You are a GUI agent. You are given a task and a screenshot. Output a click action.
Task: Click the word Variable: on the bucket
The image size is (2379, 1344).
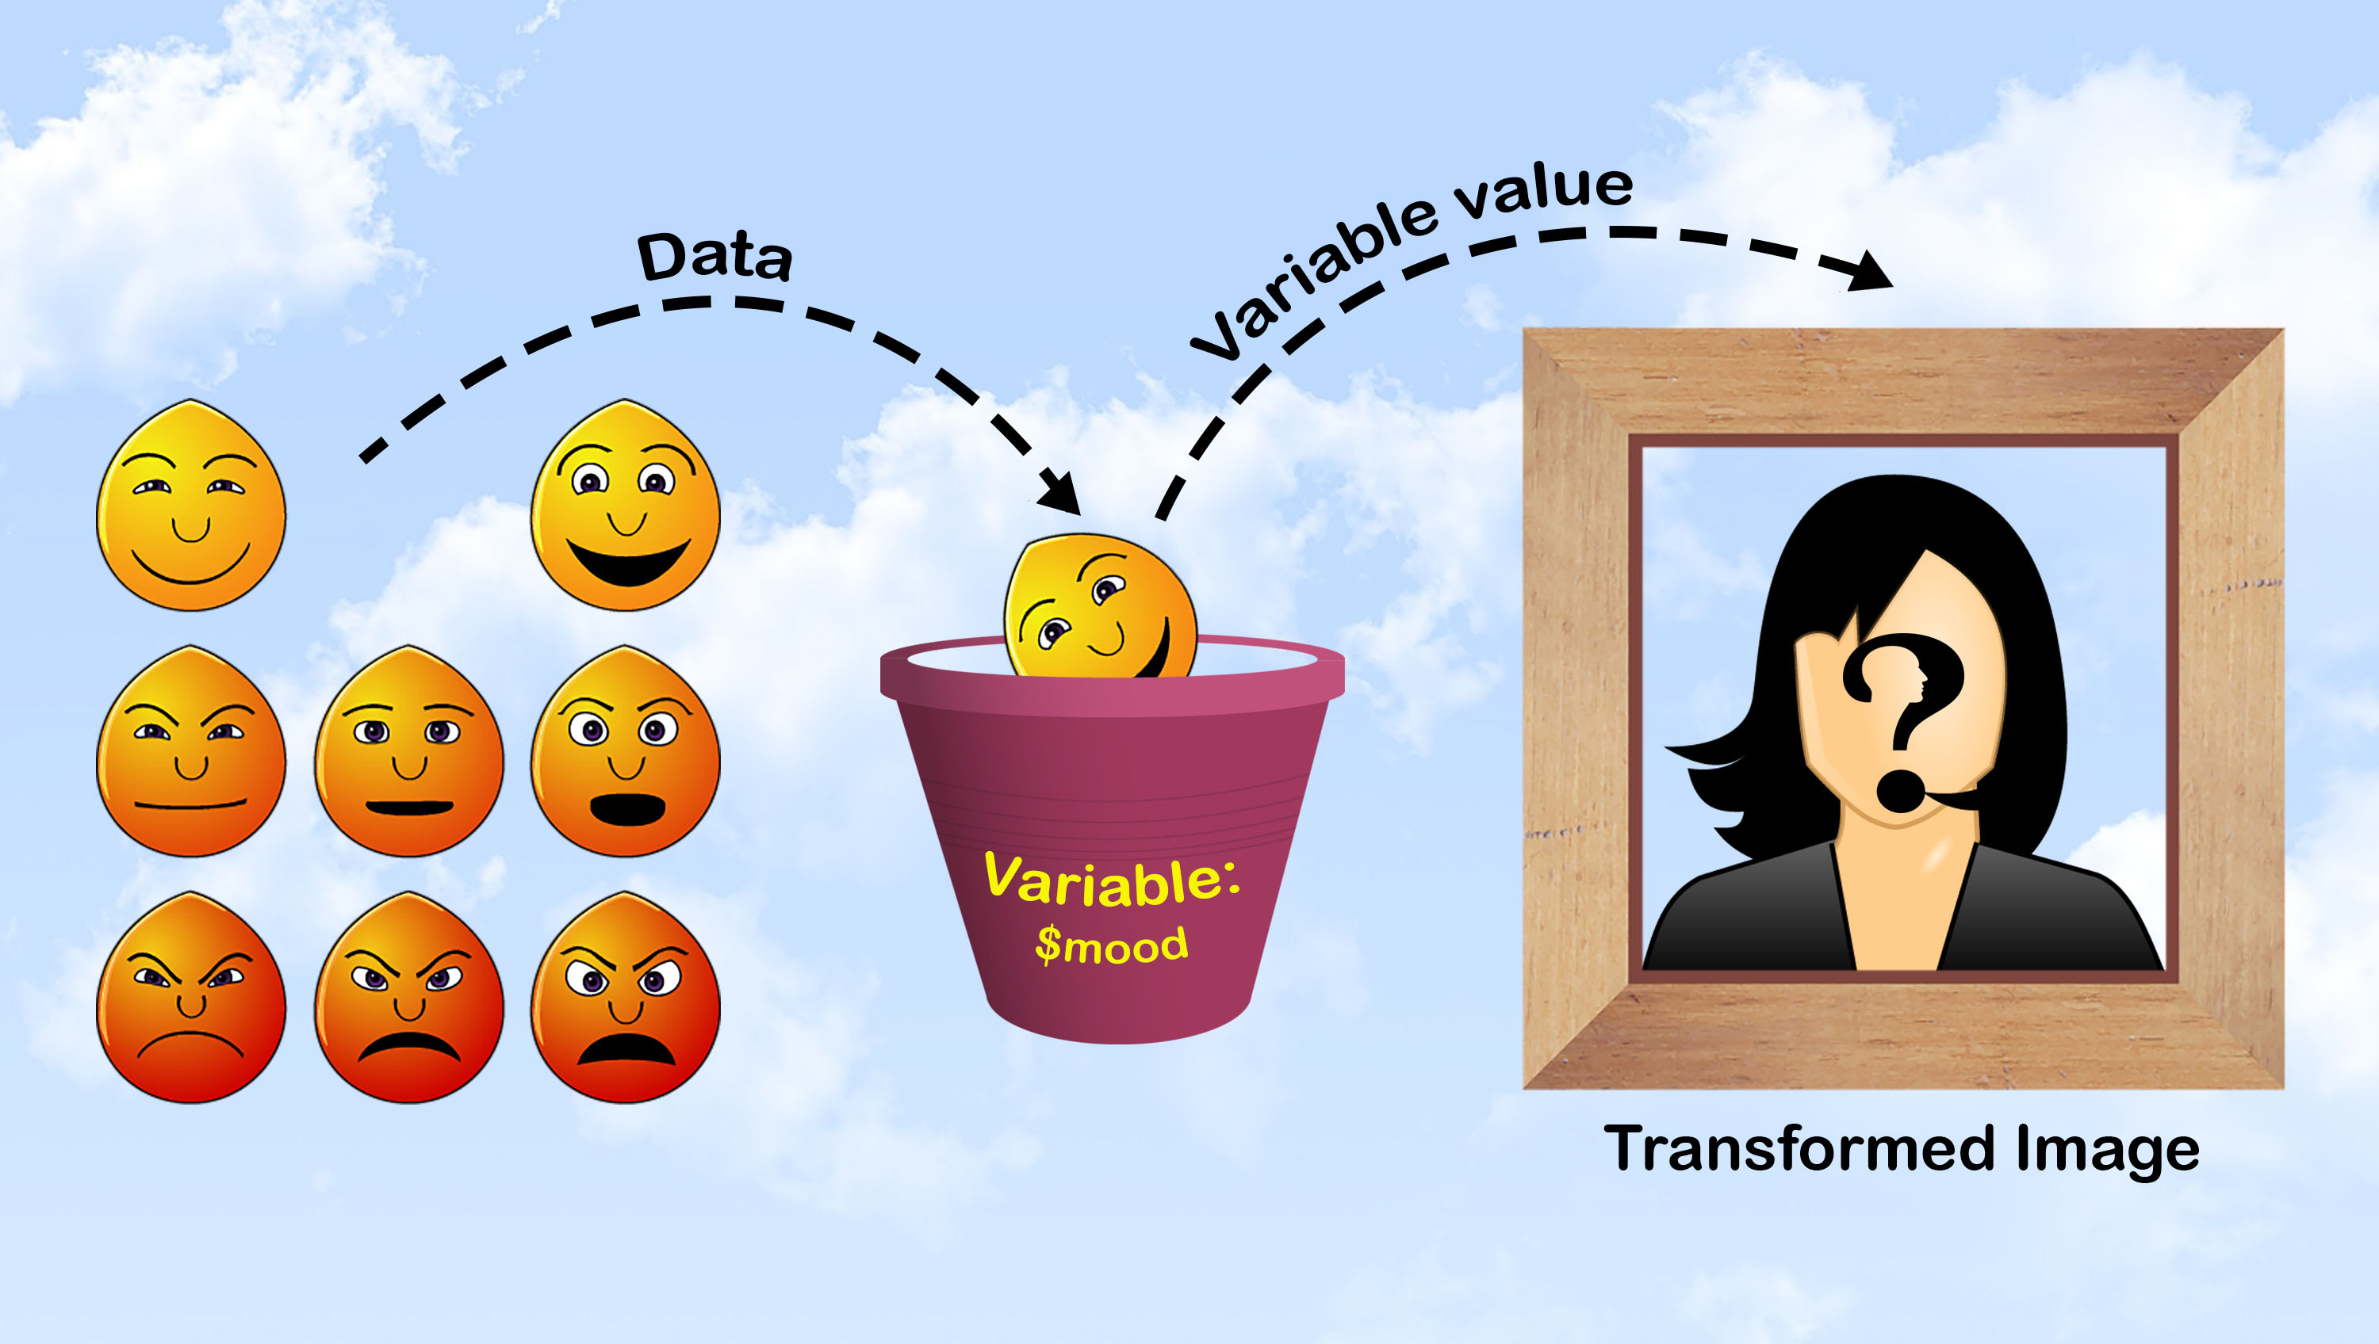coord(1112,880)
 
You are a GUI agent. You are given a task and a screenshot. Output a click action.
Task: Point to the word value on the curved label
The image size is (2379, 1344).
coord(1542,192)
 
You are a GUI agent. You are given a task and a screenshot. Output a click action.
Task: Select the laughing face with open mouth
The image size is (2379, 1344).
coord(625,506)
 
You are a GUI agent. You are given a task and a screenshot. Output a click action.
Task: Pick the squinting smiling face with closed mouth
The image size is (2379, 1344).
coord(191,506)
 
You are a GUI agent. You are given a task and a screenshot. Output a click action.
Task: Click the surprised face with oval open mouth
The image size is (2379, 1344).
coord(625,752)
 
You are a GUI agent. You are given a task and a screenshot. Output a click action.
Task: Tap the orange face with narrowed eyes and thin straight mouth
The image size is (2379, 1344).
coord(191,752)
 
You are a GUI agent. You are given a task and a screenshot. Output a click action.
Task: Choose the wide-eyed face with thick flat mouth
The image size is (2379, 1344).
coord(409,752)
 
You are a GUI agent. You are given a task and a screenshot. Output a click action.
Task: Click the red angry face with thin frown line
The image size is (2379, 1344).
coord(191,998)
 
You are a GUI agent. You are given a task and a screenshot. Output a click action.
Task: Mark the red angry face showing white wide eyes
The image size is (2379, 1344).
coord(625,998)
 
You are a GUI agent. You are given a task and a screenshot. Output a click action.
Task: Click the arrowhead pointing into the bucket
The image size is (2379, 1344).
coord(1062,494)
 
